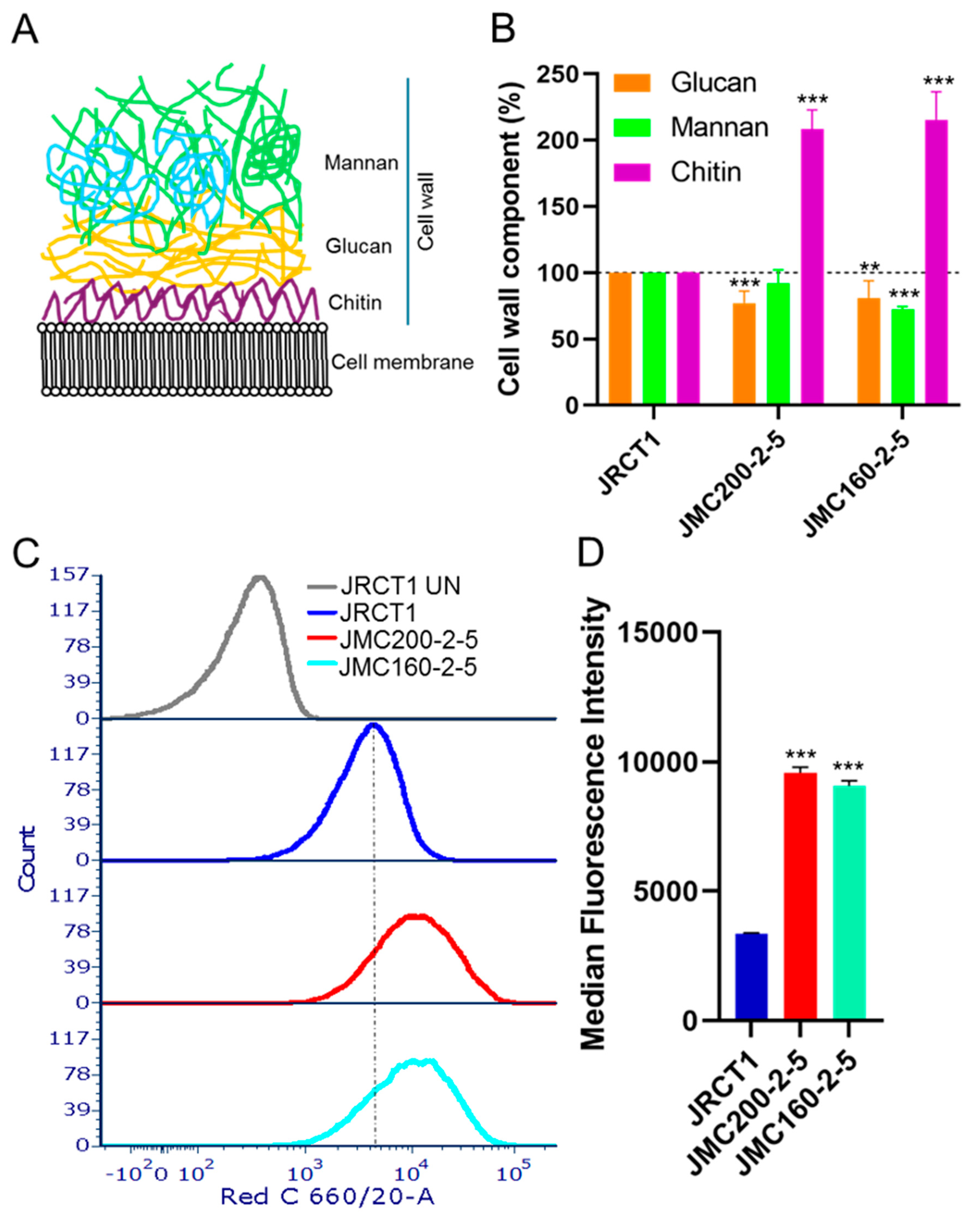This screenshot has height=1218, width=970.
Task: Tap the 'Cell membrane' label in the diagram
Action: point(402,362)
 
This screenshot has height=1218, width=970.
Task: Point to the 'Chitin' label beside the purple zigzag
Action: point(355,303)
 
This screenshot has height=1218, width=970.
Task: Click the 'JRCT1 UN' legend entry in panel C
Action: point(400,586)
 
